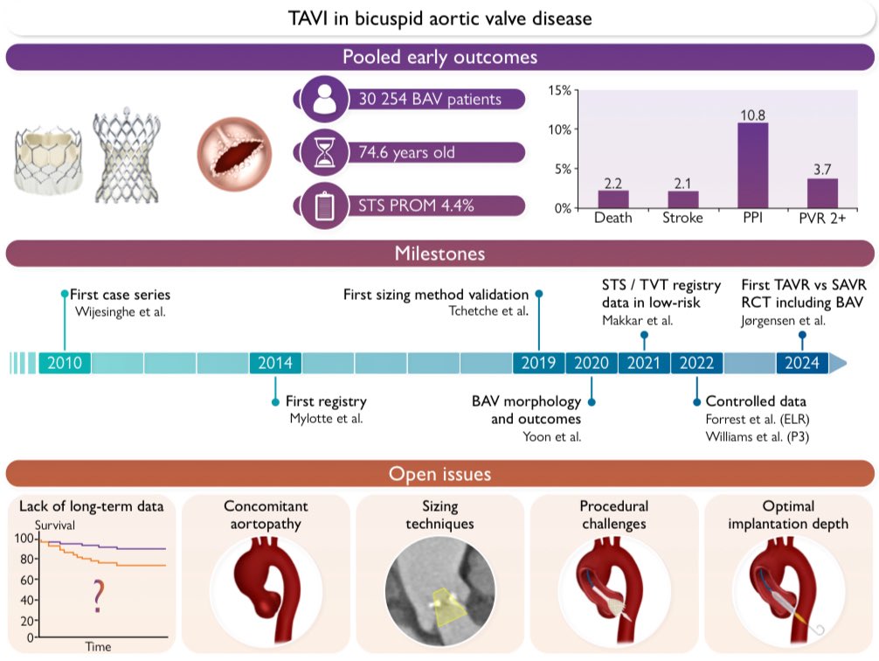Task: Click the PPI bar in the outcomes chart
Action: click(752, 165)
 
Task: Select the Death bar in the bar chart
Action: click(613, 199)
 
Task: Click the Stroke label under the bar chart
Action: click(682, 218)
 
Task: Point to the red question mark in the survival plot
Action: click(98, 598)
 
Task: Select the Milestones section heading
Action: click(439, 254)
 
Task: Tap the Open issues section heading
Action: click(439, 475)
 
